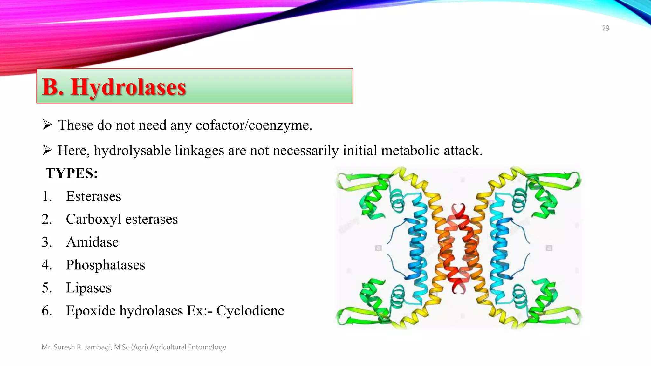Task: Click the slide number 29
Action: tap(605, 28)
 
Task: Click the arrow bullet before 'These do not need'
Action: tap(47, 125)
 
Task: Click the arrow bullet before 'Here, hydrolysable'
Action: tap(47, 150)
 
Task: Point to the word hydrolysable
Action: tap(132, 151)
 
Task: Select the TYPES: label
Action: tap(72, 173)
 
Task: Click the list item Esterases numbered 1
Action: tap(93, 196)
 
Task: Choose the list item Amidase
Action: tap(92, 242)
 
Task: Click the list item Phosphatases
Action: tap(106, 265)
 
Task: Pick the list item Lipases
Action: tap(88, 288)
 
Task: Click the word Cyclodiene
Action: tap(250, 311)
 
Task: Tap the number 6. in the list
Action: tap(47, 311)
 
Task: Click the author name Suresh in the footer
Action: tap(65, 347)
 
